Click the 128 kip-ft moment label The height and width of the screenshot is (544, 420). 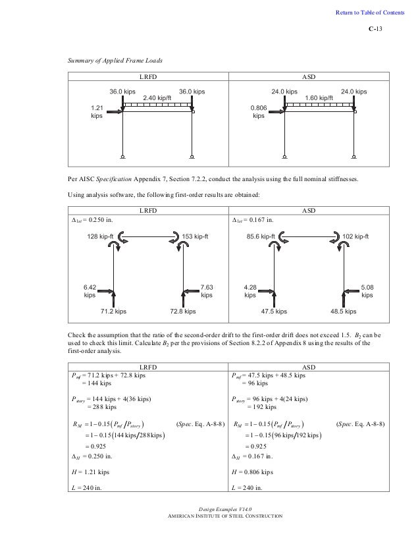pos(102,236)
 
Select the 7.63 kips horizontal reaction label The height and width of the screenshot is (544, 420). pos(207,292)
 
